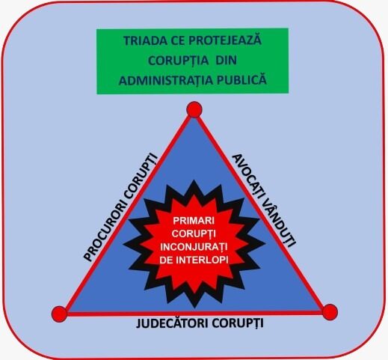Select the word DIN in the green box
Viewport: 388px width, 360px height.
226,61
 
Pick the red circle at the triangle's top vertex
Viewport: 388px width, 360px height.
194,109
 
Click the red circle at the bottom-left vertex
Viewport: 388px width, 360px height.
59,314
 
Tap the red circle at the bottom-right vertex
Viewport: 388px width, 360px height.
330,312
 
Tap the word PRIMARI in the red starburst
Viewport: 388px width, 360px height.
194,221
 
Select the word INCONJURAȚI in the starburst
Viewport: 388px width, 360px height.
194,247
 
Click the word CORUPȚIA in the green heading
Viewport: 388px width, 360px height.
178,61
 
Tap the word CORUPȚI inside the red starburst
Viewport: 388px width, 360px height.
194,234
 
